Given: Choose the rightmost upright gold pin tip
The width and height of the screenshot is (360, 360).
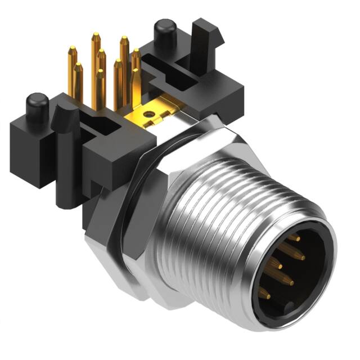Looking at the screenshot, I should click(136, 53).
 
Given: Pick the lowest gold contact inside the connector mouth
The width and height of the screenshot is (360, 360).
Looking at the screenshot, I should click(264, 292).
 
